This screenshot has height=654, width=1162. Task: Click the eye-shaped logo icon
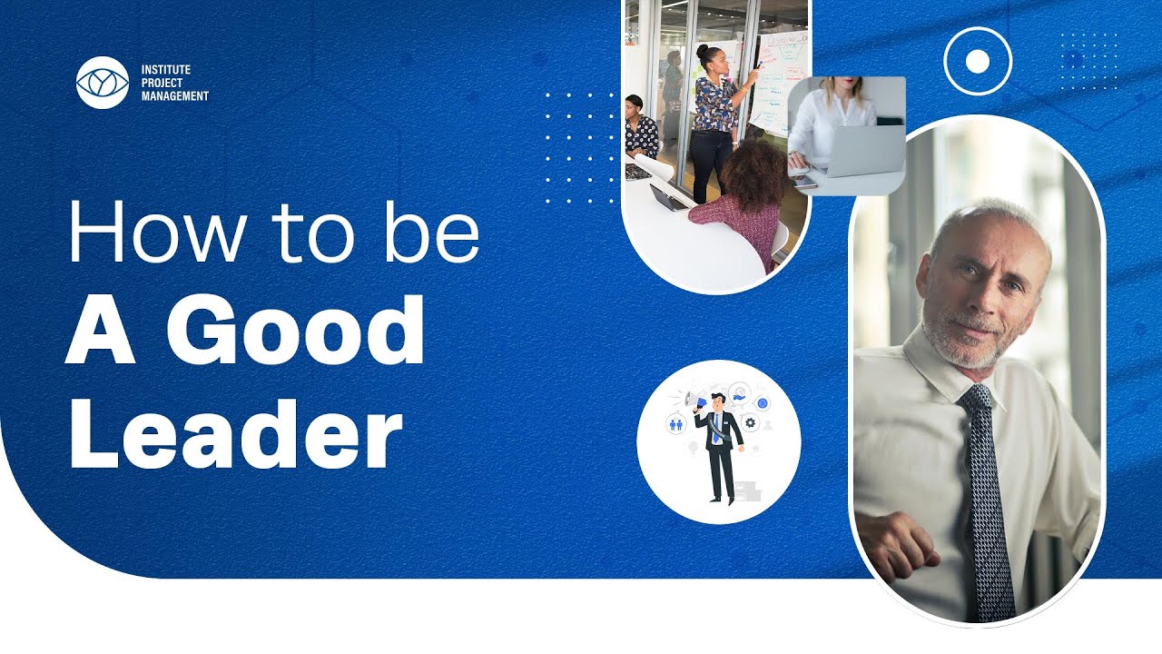(102, 83)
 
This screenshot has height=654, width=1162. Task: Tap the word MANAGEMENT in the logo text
(174, 95)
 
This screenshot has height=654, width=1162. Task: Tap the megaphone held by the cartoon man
(694, 401)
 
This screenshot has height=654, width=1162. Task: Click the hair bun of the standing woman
(703, 51)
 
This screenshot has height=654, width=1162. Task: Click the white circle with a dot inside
(977, 62)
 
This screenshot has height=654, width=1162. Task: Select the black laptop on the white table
(667, 197)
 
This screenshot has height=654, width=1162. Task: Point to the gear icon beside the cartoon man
(750, 422)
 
